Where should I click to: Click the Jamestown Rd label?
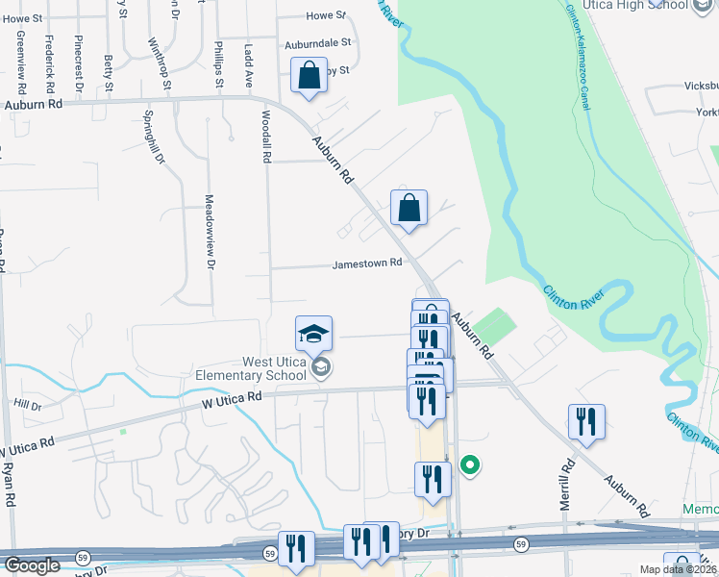[367, 265]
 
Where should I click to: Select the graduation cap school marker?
[313, 334]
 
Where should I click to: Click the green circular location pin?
[470, 465]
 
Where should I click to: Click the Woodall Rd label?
[264, 134]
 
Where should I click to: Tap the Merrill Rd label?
[566, 485]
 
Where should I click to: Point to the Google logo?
[32, 565]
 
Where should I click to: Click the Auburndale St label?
[318, 44]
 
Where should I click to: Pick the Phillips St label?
[219, 64]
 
